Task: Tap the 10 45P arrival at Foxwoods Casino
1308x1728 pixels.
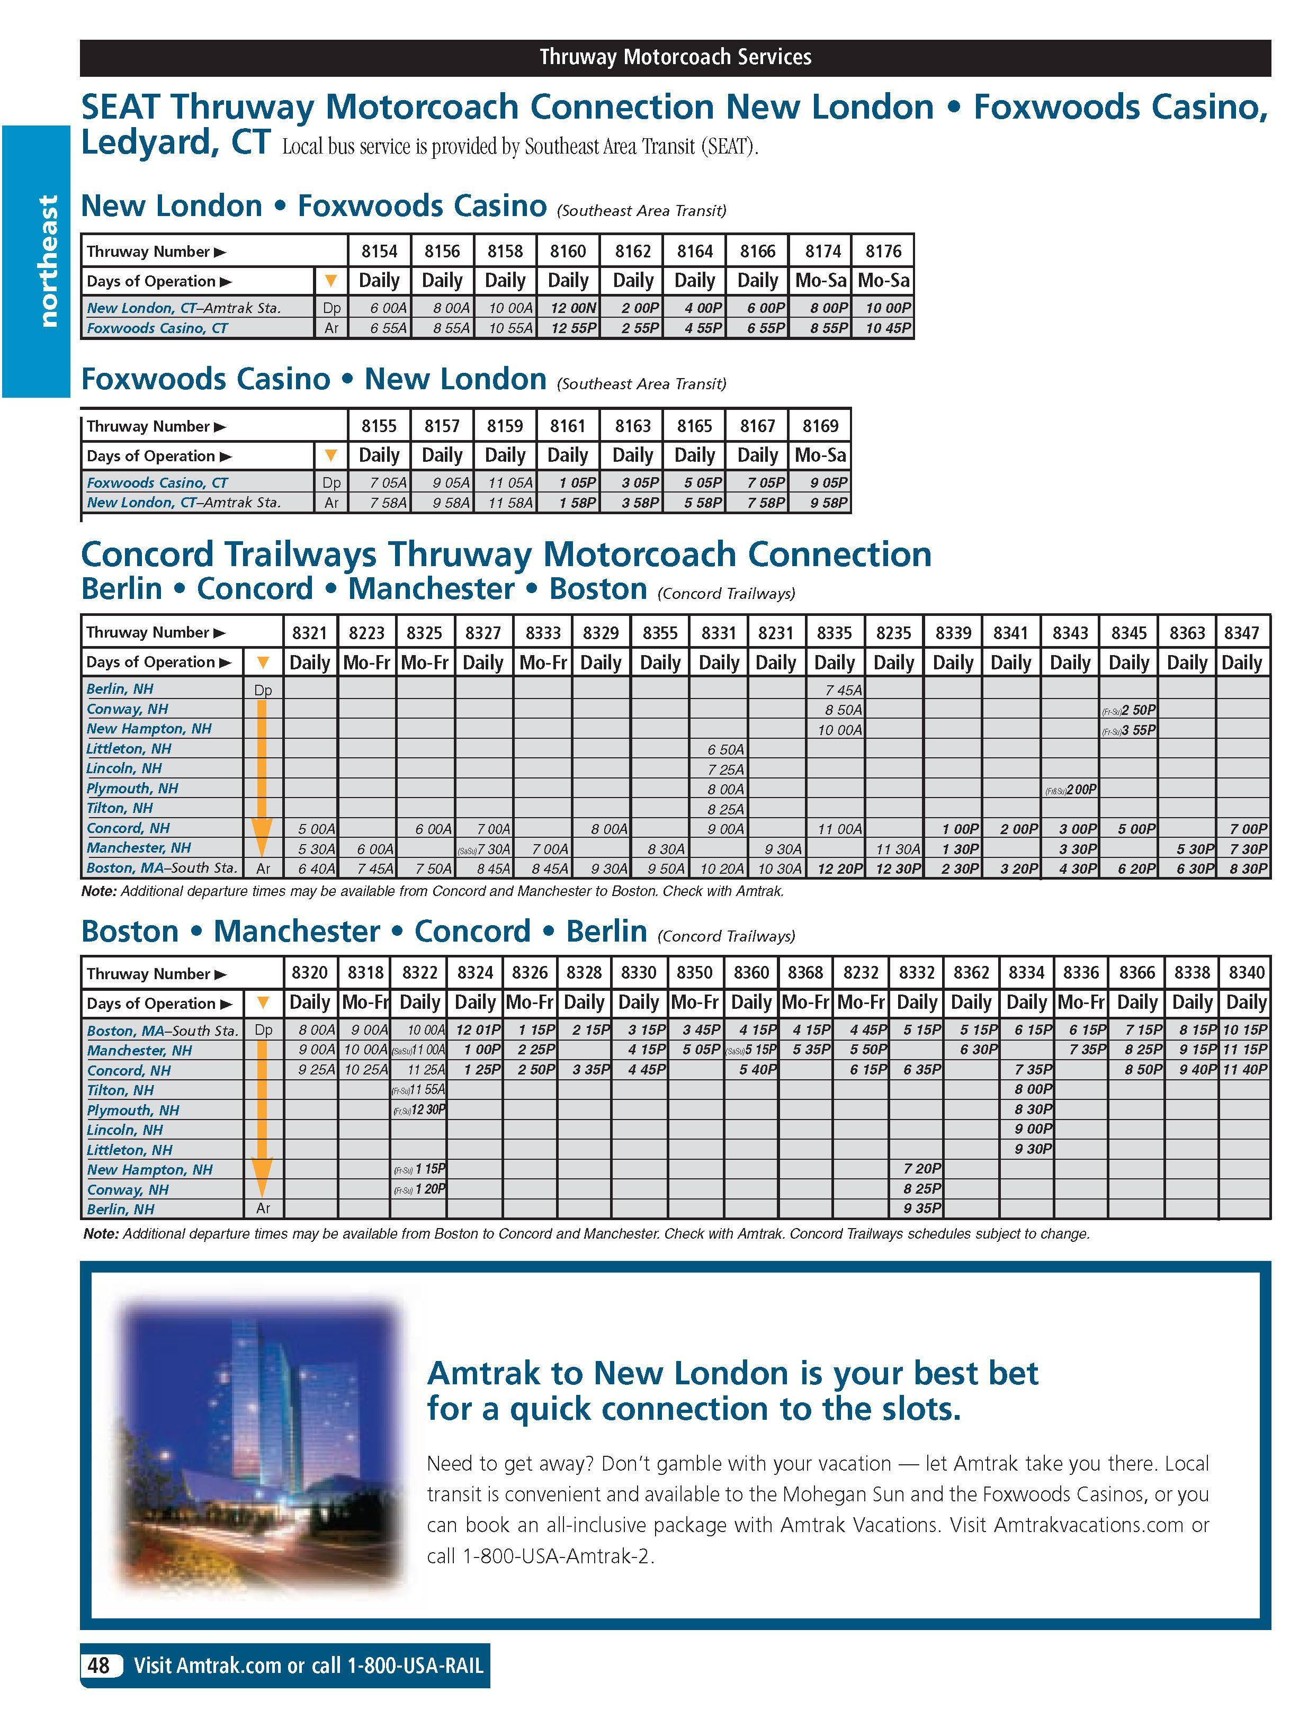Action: click(x=888, y=328)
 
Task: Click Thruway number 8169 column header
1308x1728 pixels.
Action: click(x=820, y=426)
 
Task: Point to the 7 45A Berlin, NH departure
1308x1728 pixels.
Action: click(x=843, y=690)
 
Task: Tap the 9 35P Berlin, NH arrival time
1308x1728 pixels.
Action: click(x=922, y=1208)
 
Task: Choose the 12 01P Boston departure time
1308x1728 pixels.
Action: click(x=478, y=1029)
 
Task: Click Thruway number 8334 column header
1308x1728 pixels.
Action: click(x=1026, y=973)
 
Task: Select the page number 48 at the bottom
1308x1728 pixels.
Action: click(x=99, y=1666)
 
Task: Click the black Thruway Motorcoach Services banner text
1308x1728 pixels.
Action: click(x=675, y=57)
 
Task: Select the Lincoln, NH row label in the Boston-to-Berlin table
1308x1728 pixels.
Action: click(x=125, y=1130)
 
